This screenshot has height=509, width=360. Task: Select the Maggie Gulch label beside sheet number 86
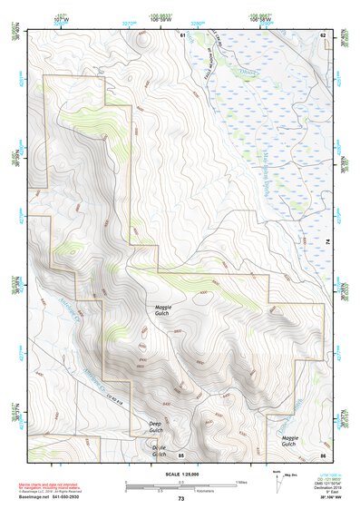coord(287,441)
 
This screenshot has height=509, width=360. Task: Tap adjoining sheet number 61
coord(182,34)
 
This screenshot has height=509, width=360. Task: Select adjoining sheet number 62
coord(322,34)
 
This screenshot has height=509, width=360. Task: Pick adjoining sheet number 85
coord(181,454)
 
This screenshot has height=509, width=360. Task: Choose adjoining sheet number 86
coord(322,454)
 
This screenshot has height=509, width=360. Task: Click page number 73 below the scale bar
coord(180,500)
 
